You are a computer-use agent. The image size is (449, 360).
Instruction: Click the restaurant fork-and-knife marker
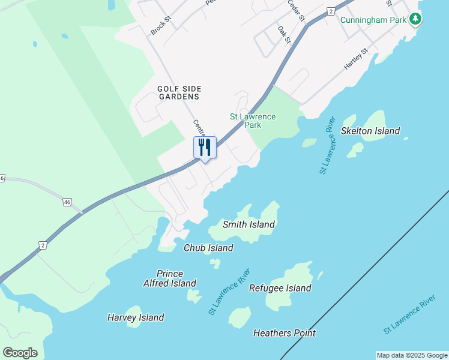(x=205, y=148)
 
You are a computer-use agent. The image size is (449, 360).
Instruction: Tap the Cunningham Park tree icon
(x=415, y=19)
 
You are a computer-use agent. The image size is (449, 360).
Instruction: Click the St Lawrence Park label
(x=253, y=121)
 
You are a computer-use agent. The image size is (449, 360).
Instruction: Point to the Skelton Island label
(x=370, y=131)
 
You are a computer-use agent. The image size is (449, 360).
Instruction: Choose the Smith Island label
(x=249, y=224)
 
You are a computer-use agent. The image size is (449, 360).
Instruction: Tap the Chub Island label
(x=208, y=248)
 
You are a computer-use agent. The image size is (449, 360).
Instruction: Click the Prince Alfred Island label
(x=169, y=278)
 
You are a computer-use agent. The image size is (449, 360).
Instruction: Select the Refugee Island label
(x=280, y=288)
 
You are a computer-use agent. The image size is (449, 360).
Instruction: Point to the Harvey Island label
(x=136, y=317)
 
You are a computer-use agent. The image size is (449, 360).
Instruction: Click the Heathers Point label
(x=285, y=333)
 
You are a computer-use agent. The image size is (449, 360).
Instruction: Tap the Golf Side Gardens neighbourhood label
(x=178, y=92)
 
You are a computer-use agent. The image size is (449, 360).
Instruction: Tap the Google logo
(x=20, y=352)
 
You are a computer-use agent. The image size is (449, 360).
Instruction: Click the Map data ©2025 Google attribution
(x=412, y=355)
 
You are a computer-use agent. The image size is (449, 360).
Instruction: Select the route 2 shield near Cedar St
(x=331, y=11)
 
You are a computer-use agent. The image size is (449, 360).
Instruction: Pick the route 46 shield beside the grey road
(x=67, y=202)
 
